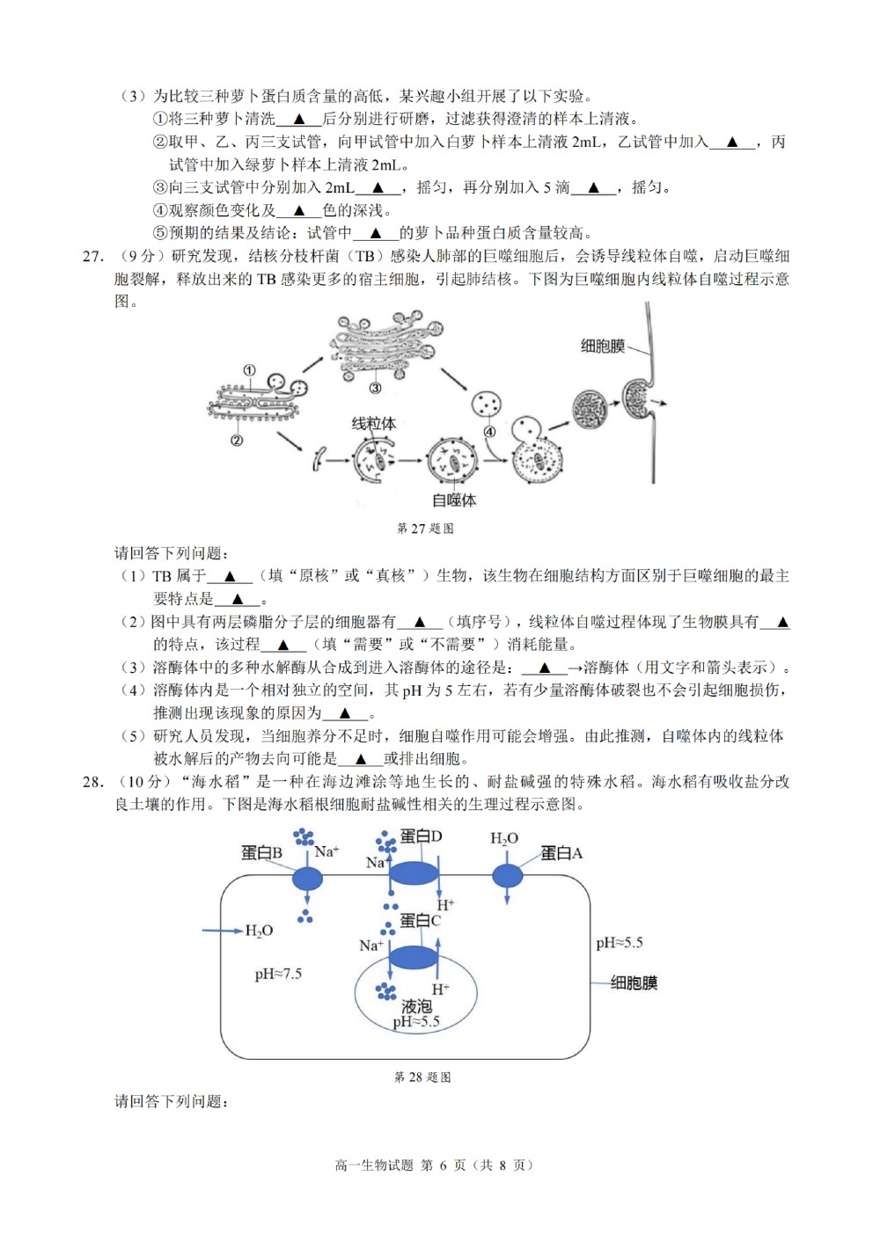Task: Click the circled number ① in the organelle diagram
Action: click(249, 370)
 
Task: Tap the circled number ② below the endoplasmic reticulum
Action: click(237, 440)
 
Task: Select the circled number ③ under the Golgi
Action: click(375, 389)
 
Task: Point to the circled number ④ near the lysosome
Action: click(490, 432)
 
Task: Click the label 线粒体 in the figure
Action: click(374, 424)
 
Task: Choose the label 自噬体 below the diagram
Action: click(453, 500)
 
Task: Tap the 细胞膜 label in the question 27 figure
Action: click(603, 346)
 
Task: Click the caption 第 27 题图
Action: click(425, 529)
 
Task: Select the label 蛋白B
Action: click(261, 853)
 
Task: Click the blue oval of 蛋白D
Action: click(414, 873)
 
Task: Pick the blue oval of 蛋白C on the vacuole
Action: click(414, 957)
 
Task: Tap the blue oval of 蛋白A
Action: click(507, 875)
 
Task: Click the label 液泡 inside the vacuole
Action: click(416, 1006)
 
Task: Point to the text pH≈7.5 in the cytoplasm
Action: click(278, 974)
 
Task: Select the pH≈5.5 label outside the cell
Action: click(620, 943)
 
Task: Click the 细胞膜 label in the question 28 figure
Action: click(634, 982)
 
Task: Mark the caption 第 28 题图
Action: click(422, 1077)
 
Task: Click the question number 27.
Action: click(92, 256)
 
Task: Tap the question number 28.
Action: click(92, 782)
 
